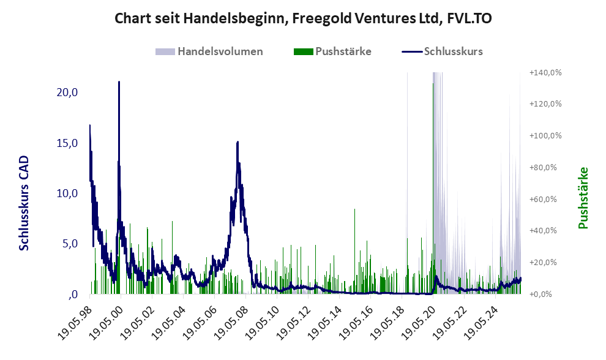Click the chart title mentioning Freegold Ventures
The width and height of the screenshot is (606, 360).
[x=303, y=19]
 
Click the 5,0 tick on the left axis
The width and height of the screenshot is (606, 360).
[x=69, y=244]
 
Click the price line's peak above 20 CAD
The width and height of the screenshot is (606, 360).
[x=119, y=82]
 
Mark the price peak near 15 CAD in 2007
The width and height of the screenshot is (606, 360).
[x=238, y=142]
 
